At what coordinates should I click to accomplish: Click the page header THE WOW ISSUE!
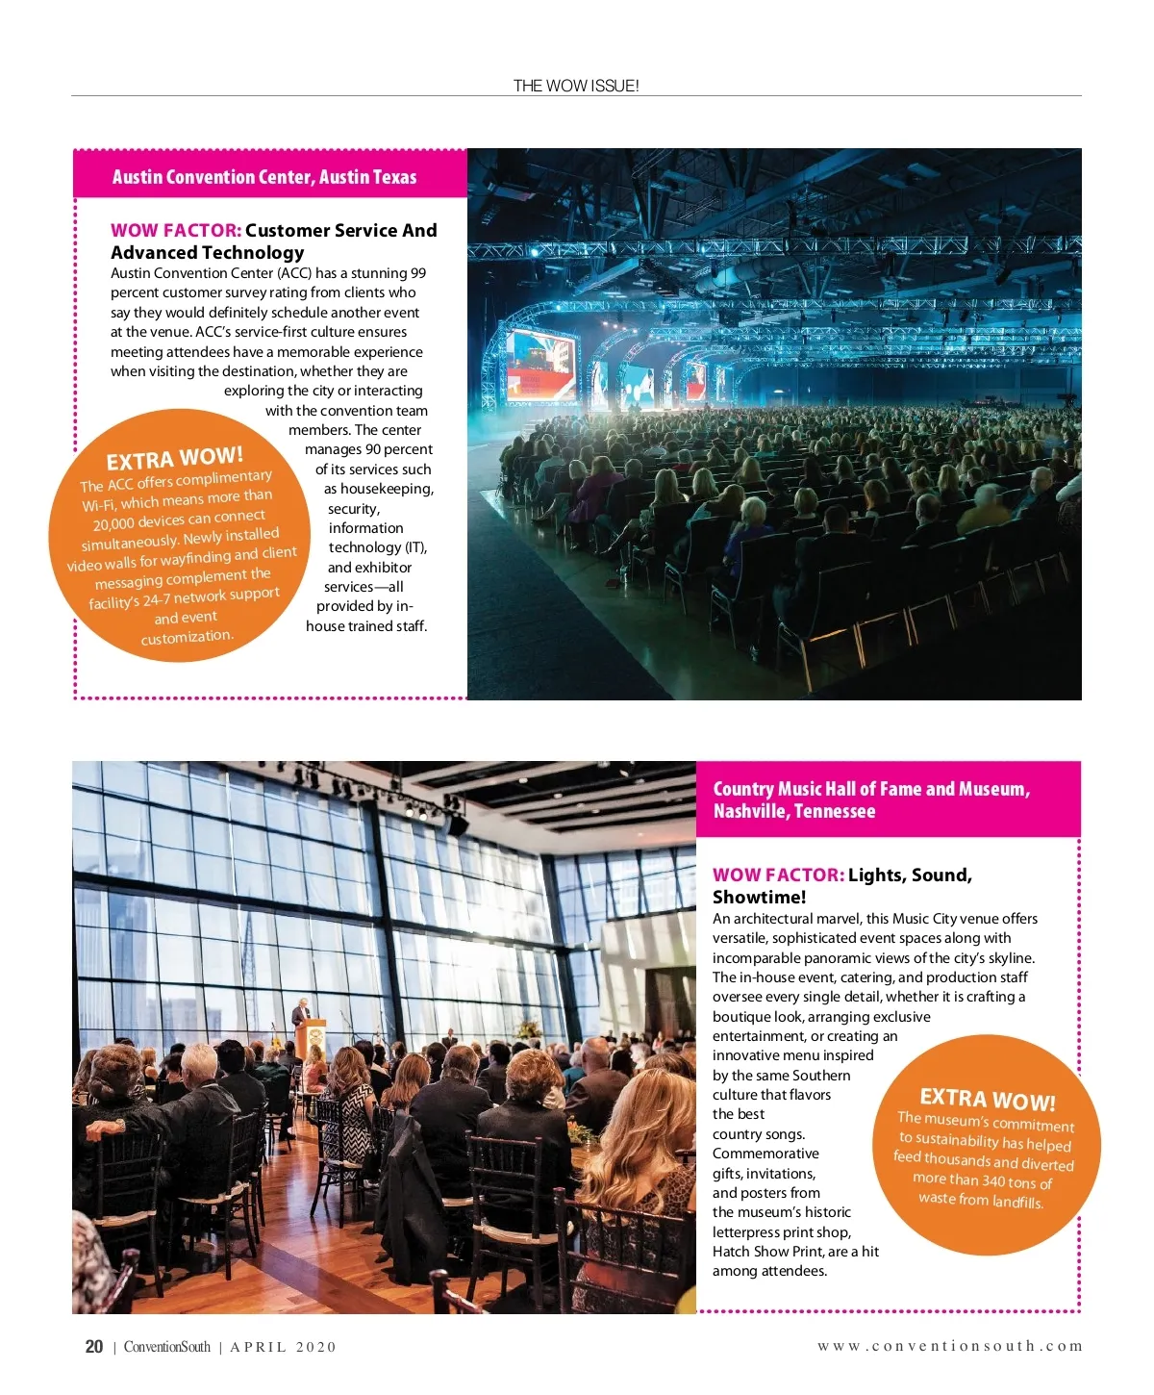(575, 86)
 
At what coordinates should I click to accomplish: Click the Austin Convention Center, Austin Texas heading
(264, 177)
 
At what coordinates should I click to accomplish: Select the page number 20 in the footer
(94, 1347)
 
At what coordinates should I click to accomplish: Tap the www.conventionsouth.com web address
(949, 1346)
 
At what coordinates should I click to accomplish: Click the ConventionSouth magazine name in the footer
(166, 1347)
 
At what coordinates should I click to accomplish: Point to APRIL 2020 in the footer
(284, 1347)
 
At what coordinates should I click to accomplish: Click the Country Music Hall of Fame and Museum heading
(871, 799)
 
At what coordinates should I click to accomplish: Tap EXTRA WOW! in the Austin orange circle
(175, 458)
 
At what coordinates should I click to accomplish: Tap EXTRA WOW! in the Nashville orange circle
(988, 1100)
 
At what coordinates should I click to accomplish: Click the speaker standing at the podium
(301, 1014)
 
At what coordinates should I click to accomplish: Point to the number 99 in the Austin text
(417, 273)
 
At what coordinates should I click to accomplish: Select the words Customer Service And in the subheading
(340, 230)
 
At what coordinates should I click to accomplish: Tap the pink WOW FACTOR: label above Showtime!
(778, 875)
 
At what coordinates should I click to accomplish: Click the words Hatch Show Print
(767, 1252)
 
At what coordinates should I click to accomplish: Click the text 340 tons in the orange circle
(1007, 1181)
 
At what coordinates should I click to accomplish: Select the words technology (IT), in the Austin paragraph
(377, 547)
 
